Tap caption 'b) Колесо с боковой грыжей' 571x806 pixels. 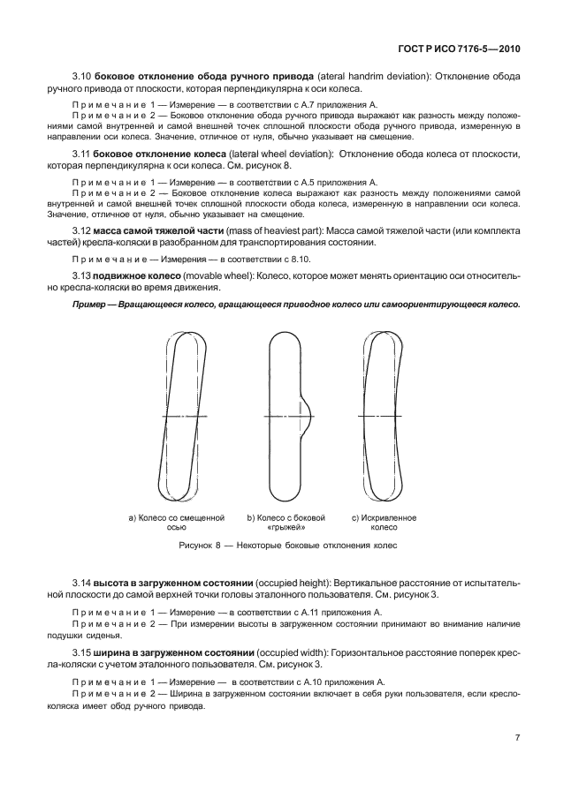click(x=286, y=522)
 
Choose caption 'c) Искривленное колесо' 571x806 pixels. click(x=384, y=522)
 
